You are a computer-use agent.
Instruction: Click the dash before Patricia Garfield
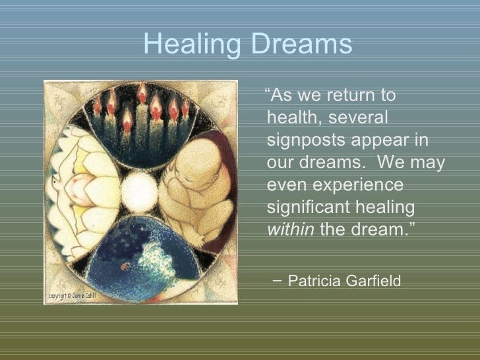(x=275, y=282)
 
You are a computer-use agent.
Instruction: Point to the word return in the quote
(x=342, y=96)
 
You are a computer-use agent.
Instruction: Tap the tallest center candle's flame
(x=141, y=94)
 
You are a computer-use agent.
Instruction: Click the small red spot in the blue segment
(x=123, y=266)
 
